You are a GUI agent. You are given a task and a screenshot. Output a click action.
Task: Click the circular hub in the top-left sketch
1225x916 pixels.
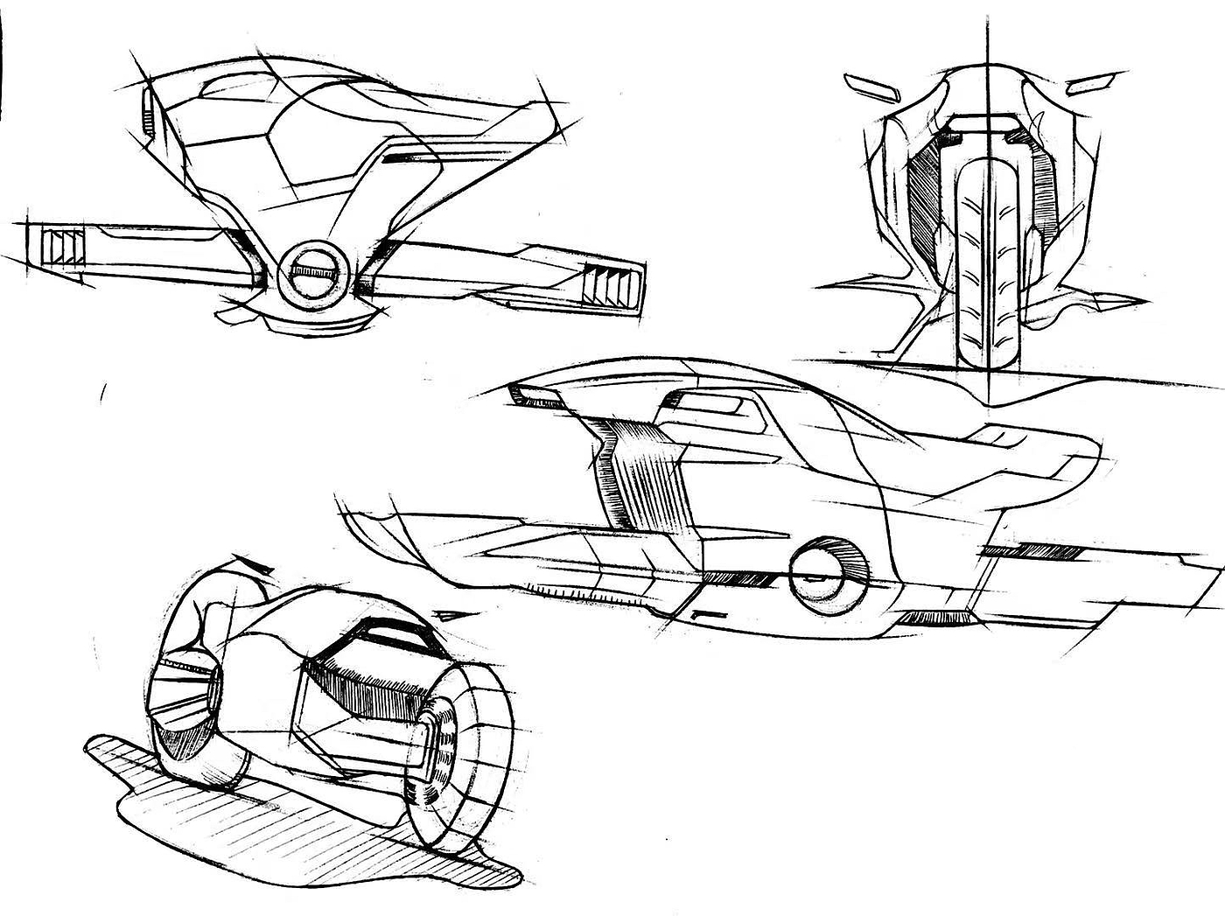pos(315,272)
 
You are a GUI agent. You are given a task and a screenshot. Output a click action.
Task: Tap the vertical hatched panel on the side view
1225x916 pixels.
pos(634,472)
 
